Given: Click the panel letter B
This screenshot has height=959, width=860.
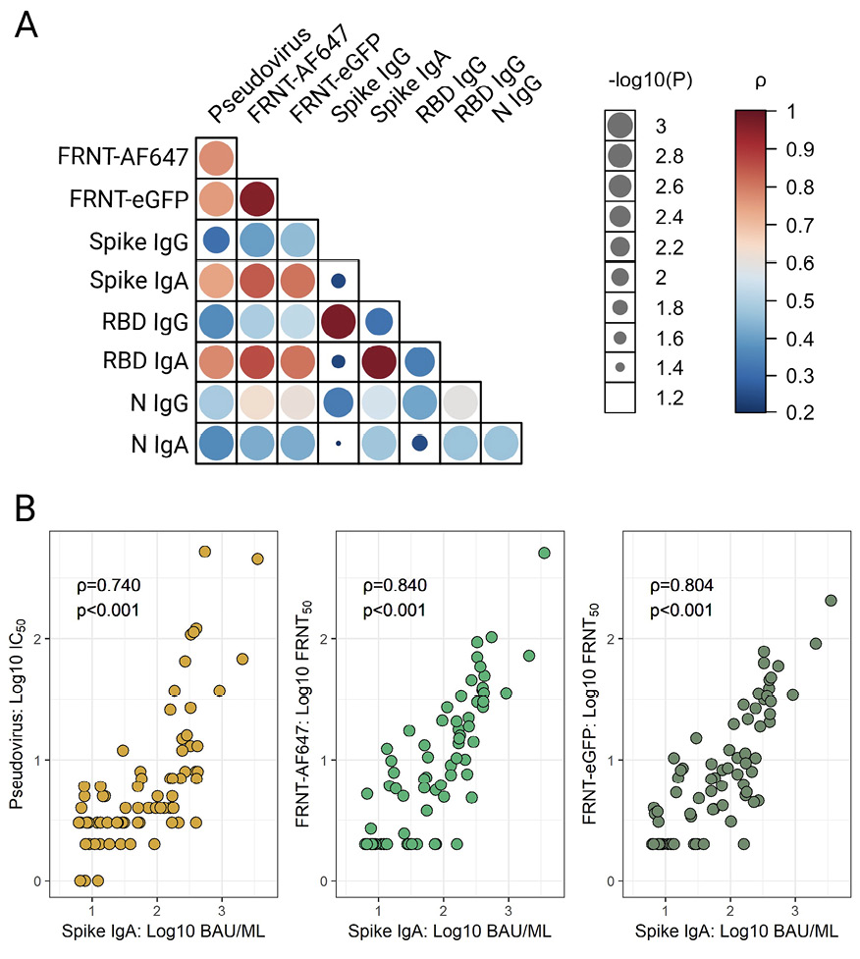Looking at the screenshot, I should (27, 508).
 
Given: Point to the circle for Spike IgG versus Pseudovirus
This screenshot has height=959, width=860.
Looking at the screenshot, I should (216, 239).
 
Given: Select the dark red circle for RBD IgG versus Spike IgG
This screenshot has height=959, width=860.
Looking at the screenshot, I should (339, 320).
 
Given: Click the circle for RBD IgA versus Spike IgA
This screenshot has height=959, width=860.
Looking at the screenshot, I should (379, 361).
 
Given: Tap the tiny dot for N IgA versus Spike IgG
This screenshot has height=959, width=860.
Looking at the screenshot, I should (339, 443).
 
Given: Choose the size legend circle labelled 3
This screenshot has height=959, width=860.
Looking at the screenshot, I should (619, 125).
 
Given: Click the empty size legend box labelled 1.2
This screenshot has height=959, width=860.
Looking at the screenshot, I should (619, 398).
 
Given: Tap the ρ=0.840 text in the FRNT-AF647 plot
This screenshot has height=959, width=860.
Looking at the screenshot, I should (396, 587).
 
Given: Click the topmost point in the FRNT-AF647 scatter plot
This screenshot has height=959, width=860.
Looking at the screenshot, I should (544, 553).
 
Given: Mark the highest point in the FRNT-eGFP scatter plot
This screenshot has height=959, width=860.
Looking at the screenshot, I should (831, 600).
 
